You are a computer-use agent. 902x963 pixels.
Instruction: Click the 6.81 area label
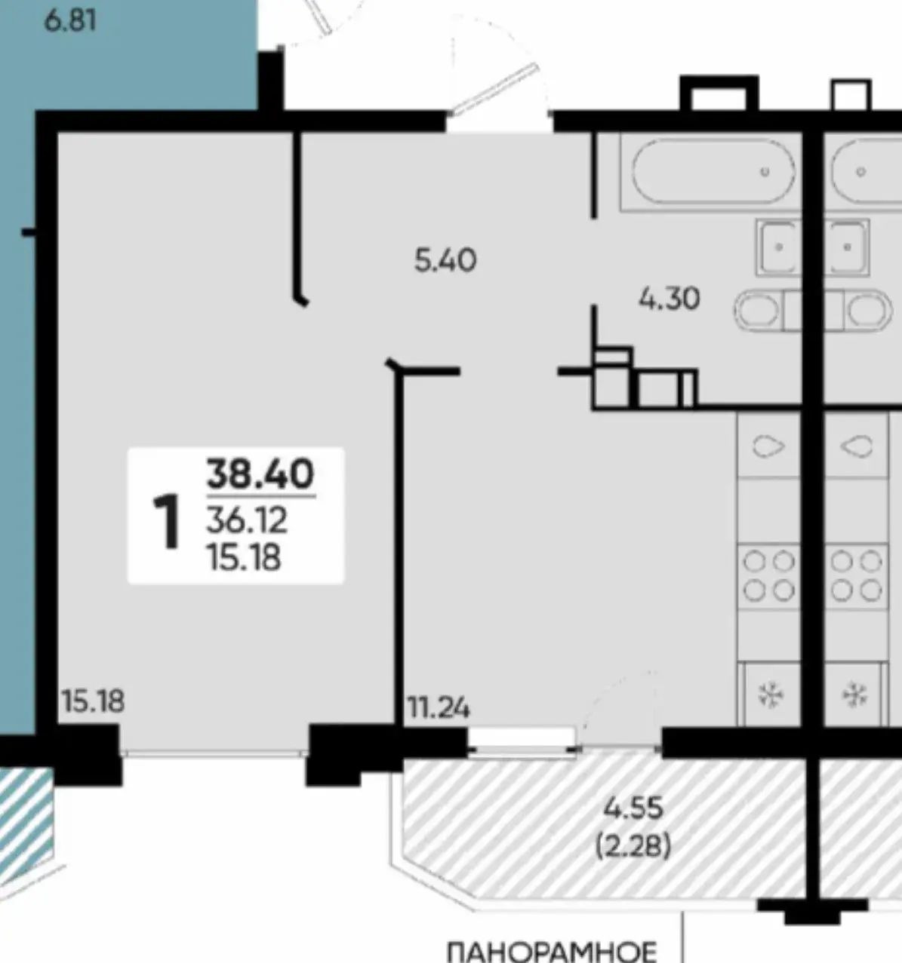click(x=70, y=21)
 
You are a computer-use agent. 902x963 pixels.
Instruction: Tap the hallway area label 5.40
click(x=445, y=260)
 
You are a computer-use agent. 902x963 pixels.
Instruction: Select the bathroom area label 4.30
click(x=669, y=298)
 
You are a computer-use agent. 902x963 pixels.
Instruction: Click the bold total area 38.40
click(x=260, y=474)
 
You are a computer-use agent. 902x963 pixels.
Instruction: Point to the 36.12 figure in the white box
click(x=247, y=520)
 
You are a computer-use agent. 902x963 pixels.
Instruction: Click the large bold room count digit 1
click(x=167, y=521)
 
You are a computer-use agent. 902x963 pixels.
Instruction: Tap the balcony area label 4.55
click(x=633, y=808)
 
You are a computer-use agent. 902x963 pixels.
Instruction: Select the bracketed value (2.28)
click(x=633, y=847)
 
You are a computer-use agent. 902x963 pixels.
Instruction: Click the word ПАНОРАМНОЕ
click(x=552, y=952)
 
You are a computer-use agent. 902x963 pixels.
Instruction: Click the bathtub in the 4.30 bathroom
click(x=713, y=171)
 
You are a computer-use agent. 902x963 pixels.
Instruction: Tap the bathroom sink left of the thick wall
click(x=778, y=247)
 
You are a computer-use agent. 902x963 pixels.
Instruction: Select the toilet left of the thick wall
click(x=767, y=311)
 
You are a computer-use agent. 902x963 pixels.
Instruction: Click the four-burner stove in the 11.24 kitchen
click(x=768, y=576)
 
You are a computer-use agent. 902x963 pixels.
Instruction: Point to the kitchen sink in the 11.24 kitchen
click(x=768, y=446)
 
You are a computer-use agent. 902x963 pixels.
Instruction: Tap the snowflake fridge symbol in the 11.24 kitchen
click(x=771, y=696)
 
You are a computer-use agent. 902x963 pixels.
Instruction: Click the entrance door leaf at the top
click(x=494, y=90)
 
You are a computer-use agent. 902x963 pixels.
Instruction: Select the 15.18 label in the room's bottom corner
click(x=93, y=701)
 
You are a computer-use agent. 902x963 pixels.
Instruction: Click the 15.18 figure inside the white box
click(x=244, y=557)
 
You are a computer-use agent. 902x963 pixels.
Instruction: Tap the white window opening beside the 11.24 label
click(x=521, y=738)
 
